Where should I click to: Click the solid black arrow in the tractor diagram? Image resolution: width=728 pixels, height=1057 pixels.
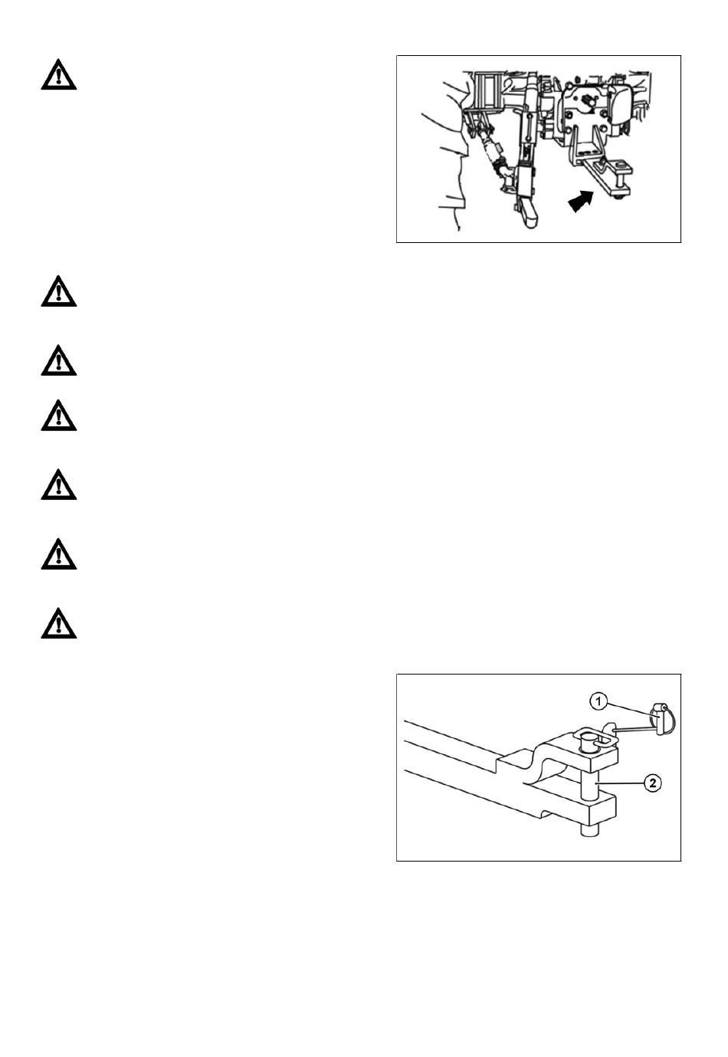click(x=580, y=203)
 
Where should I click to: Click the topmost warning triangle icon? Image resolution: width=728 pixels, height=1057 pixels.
click(x=58, y=75)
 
